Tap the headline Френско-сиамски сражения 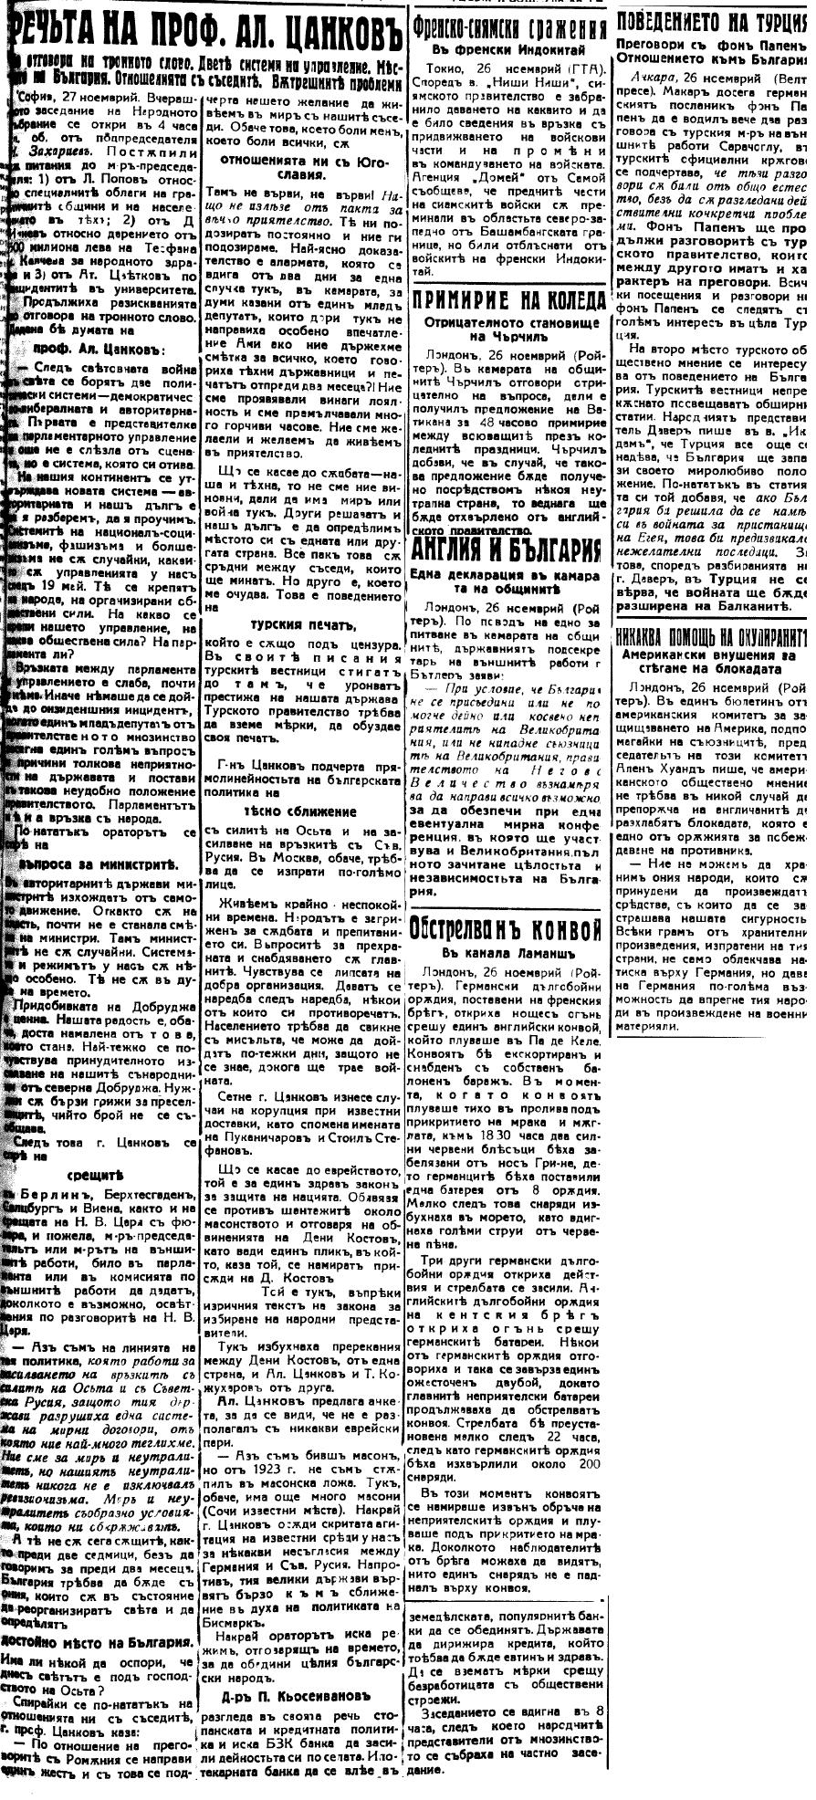click(508, 26)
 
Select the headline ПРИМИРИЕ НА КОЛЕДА click(508, 302)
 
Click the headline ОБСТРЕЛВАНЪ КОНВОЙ click(508, 929)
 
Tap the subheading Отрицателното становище click(508, 323)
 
